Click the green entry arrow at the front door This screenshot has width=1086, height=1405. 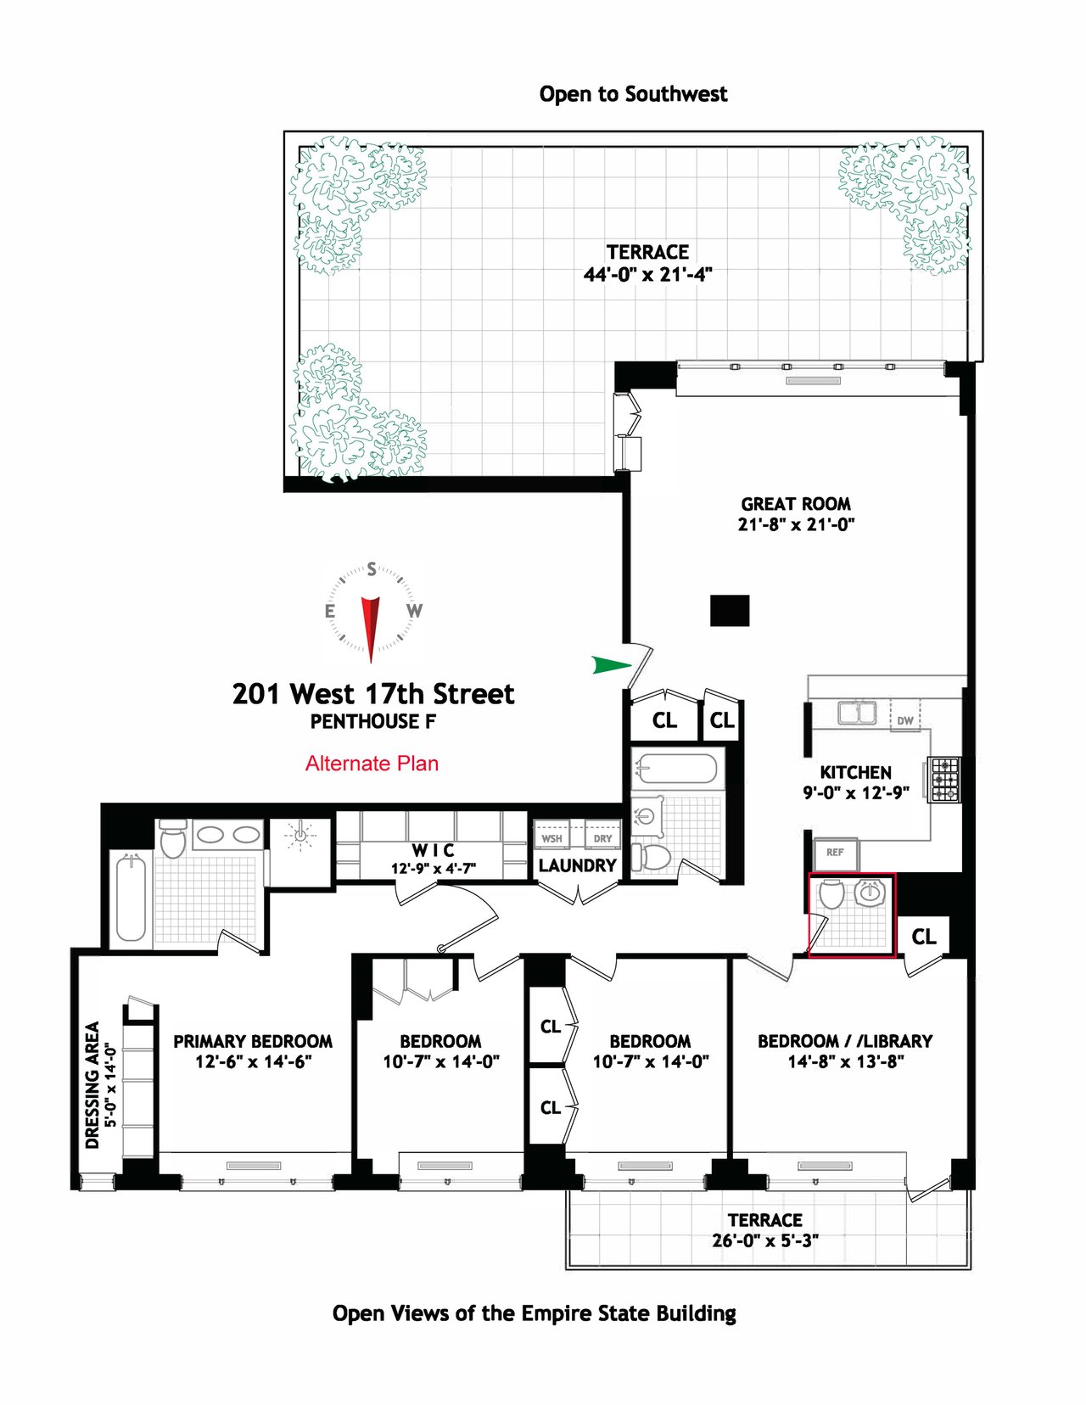coord(612,664)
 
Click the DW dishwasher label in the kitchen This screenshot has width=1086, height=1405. coord(905,720)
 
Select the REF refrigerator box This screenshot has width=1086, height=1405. coord(836,854)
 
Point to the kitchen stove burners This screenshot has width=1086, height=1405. coord(943,779)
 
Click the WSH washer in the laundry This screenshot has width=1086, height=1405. coord(551,838)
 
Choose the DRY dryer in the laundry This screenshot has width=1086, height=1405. coord(602,838)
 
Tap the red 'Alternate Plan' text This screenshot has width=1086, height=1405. coord(372,763)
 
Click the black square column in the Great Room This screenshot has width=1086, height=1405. coord(730,610)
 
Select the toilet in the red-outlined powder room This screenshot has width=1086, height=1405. coord(831,893)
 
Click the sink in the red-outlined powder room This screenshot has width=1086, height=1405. coord(870,893)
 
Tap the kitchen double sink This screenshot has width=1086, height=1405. coord(858,713)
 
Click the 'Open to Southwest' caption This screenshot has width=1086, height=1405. coord(634,94)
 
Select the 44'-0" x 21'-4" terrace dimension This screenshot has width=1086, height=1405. coord(647,275)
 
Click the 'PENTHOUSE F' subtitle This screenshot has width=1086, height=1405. coord(373,721)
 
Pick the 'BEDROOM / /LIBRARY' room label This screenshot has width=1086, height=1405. coord(846,1041)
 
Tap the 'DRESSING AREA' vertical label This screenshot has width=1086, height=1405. coord(93,1085)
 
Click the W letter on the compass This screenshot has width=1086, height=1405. coord(414,610)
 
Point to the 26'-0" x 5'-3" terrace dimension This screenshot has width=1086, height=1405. coord(765,1240)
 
